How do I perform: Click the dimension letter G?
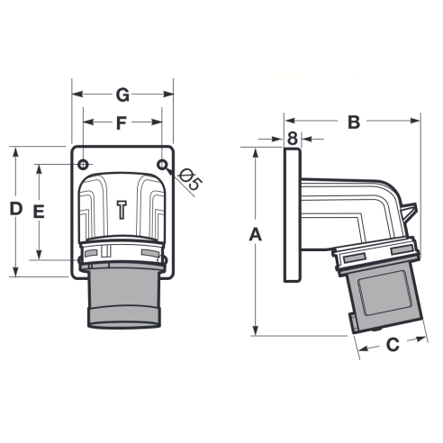coord(122,95)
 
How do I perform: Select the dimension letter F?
coord(122,123)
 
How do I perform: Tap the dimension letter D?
coord(16,209)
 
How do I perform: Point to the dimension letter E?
coord(39,212)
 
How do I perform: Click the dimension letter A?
coord(256,234)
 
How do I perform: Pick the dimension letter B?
coord(354,122)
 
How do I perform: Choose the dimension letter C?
coord(393,345)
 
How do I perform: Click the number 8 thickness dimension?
coord(293,139)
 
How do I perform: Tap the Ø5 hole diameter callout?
coord(190,179)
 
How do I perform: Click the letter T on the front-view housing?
coord(122,210)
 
